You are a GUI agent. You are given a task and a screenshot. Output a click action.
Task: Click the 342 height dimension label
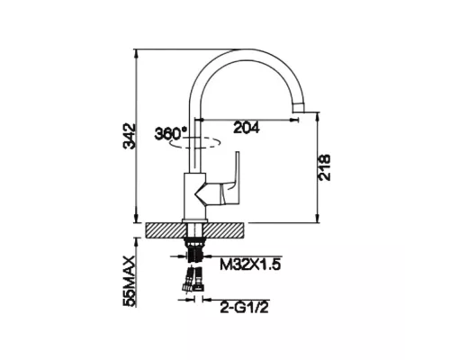tap(130, 136)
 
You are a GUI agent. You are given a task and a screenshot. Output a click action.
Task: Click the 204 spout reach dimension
tap(247, 128)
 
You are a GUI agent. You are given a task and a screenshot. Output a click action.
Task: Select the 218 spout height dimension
tap(324, 167)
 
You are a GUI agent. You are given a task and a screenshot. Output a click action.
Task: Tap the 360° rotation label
tap(170, 133)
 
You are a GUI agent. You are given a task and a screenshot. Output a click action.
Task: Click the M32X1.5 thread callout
tap(250, 265)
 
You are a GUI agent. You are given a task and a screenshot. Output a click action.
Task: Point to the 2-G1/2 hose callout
tap(244, 308)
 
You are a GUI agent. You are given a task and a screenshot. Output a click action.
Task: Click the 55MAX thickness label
tap(130, 281)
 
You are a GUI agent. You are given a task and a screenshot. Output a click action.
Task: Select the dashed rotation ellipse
tap(195, 143)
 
